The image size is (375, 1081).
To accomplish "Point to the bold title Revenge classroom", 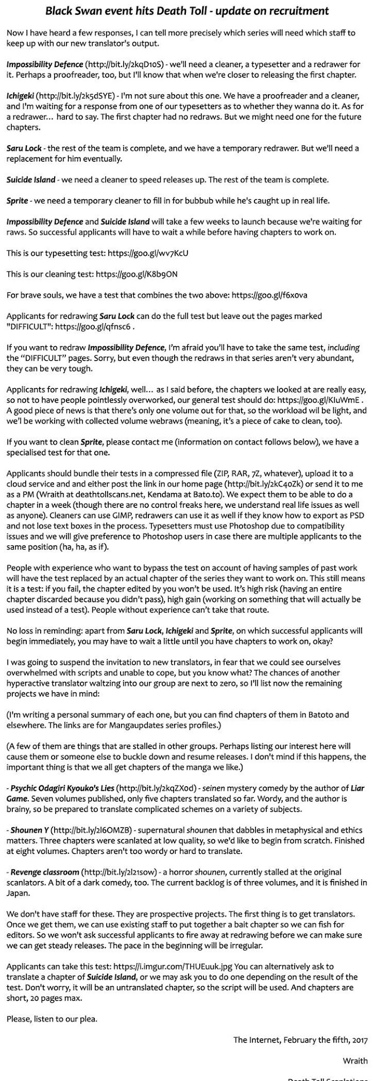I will (x=44, y=872).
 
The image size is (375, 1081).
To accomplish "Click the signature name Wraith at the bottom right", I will (x=355, y=1061).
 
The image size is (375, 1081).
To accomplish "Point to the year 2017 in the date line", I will (x=359, y=1040).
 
